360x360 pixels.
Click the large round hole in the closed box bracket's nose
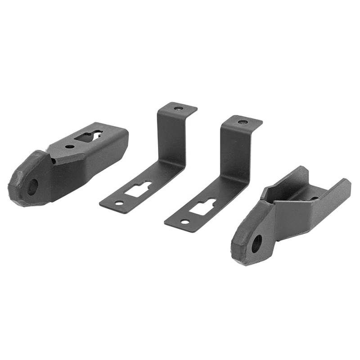coord(32,186)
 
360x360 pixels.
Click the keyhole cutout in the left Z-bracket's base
coord(139,188)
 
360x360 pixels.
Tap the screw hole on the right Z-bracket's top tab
coord(243,122)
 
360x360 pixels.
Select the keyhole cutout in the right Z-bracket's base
coord(202,206)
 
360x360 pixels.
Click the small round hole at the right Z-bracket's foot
coord(184,222)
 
